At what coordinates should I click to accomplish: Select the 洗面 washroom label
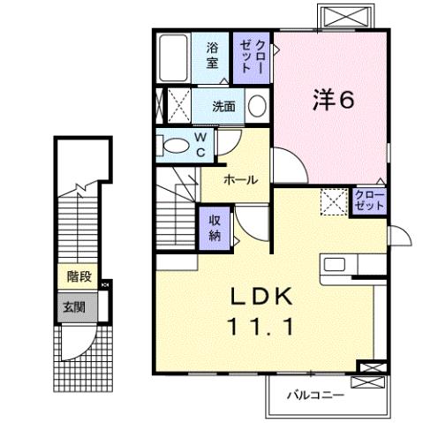[x=223, y=107]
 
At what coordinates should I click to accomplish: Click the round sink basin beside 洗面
[x=257, y=107]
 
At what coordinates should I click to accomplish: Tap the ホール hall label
[x=240, y=179]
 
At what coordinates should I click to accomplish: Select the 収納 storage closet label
[x=215, y=227]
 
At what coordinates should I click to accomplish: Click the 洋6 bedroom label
[x=333, y=100]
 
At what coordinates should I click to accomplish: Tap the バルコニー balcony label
[x=313, y=395]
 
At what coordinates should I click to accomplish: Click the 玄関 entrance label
[x=74, y=307]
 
